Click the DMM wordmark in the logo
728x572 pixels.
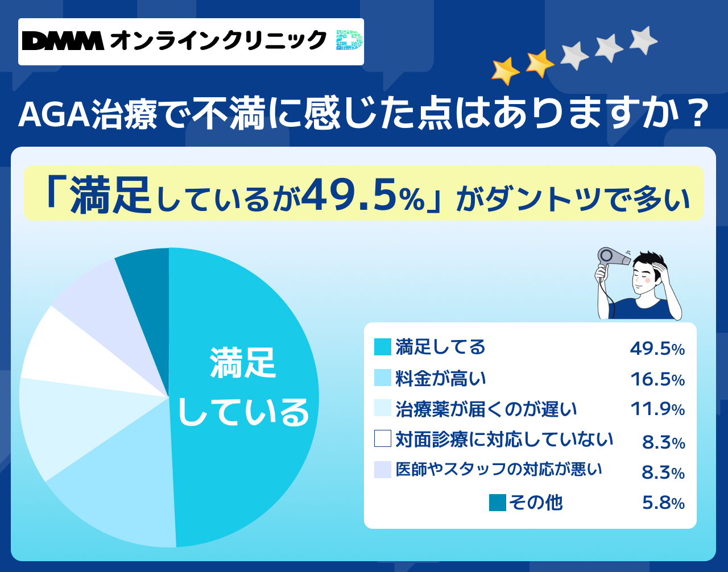point(63,41)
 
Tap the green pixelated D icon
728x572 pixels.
point(349,40)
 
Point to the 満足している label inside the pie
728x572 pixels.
point(243,387)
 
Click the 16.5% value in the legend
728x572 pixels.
point(657,380)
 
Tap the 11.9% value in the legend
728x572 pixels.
point(657,409)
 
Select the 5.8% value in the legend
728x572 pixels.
point(663,503)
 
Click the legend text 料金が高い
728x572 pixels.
point(440,379)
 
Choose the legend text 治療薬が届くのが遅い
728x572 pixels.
point(486,409)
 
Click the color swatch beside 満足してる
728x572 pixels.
point(383,347)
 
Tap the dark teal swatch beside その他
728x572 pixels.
point(498,502)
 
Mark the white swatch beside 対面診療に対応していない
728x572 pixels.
point(383,438)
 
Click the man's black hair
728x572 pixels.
point(648,262)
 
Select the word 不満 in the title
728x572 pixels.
point(228,113)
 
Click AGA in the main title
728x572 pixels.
point(54,114)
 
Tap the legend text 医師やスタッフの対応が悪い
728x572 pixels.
point(499,469)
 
